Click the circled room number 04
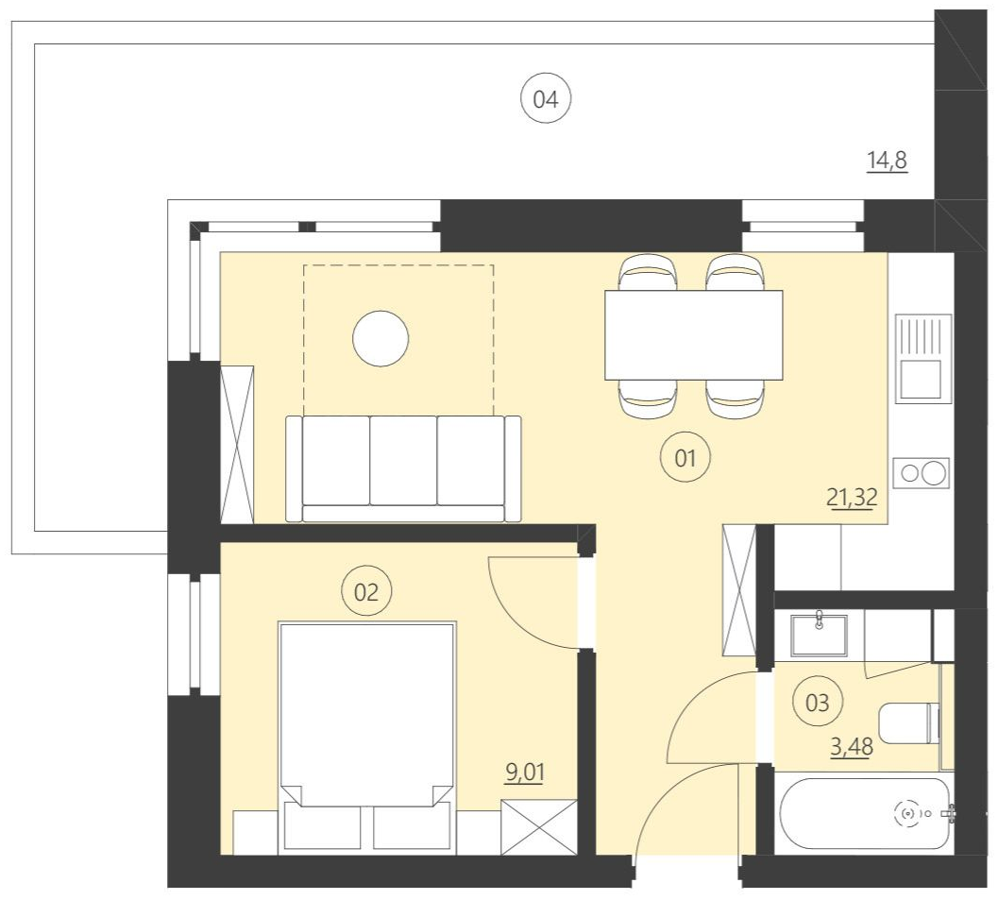click(547, 99)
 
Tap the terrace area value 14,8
click(887, 161)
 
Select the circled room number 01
click(685, 459)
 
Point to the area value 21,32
click(853, 498)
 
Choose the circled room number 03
click(818, 702)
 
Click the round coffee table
click(381, 339)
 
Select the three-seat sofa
click(403, 468)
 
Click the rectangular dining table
click(694, 334)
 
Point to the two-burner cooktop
click(923, 472)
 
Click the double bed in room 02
click(366, 727)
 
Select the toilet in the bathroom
click(908, 723)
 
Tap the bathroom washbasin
click(819, 633)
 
